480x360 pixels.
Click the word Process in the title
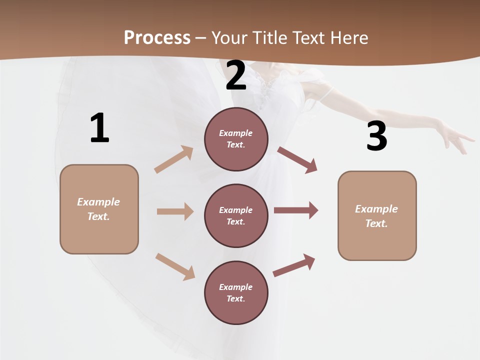tap(157, 38)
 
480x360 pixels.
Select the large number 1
tap(99, 128)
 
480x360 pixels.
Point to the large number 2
tap(236, 76)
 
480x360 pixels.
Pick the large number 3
tap(376, 136)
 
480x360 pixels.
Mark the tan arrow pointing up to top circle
tap(174, 159)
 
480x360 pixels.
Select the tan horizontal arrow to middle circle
tap(175, 211)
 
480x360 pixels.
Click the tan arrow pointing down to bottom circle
tap(175, 266)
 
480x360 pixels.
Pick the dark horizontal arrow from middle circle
tap(296, 210)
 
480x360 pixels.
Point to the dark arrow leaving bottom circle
tap(294, 265)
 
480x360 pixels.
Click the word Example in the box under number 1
tap(98, 202)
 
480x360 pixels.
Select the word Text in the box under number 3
tap(376, 223)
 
